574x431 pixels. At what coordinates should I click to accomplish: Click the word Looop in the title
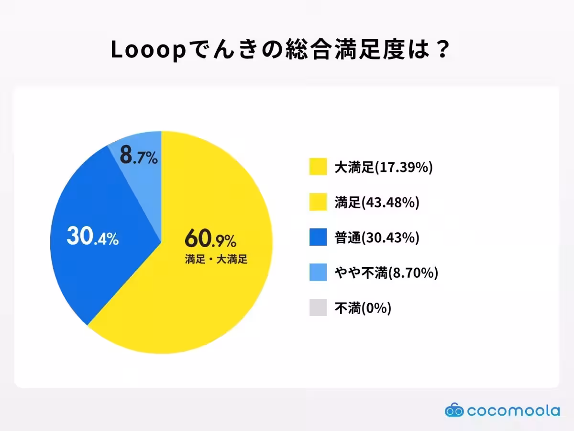[x=147, y=51]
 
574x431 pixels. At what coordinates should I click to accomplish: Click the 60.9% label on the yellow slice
[x=210, y=238]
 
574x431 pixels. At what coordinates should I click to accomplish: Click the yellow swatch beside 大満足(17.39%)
[x=318, y=167]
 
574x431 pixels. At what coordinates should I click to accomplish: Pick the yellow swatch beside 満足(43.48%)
[x=318, y=202]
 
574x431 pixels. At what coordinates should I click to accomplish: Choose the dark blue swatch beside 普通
[x=318, y=238]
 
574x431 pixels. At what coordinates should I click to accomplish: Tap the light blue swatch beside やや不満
[x=318, y=272]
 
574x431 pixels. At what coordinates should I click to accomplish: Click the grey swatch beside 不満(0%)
[x=318, y=308]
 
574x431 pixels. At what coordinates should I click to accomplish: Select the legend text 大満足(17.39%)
[x=383, y=167]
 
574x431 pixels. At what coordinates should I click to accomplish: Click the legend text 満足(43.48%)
[x=376, y=202]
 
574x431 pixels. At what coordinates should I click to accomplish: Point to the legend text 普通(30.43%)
[x=376, y=238]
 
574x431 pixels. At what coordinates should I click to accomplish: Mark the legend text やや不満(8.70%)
[x=386, y=272]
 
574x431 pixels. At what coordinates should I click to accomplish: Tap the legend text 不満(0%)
[x=363, y=308]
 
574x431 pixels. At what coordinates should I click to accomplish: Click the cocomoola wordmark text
[x=513, y=410]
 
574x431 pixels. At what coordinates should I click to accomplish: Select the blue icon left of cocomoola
[x=454, y=410]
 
